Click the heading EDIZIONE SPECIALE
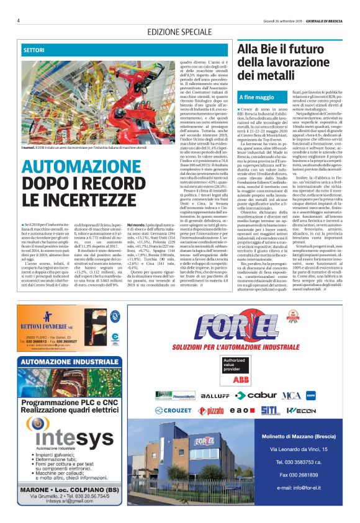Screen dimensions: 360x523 point(179,31)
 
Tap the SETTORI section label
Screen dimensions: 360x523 point(34,48)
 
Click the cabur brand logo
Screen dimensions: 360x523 point(256,395)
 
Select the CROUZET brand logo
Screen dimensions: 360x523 point(174,410)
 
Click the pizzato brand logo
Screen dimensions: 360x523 point(215,411)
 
